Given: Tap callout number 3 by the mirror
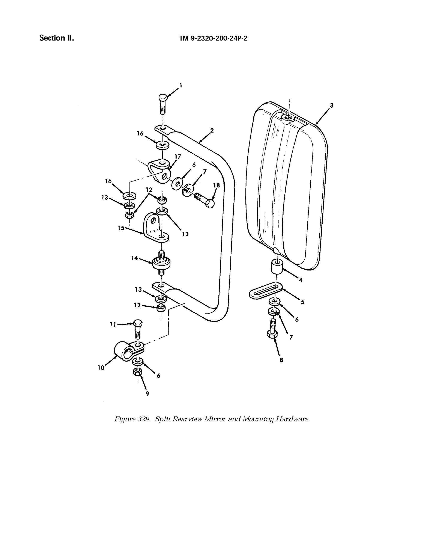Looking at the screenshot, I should (332, 106).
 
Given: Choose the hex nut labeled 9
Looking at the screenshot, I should (137, 372).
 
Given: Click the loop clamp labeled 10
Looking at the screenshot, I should (122, 350).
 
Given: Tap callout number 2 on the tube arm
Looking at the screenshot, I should (212, 130).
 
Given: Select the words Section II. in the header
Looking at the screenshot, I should (57, 38).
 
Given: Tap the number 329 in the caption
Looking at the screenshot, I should (144, 419).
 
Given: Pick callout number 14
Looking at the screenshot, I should (135, 258).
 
